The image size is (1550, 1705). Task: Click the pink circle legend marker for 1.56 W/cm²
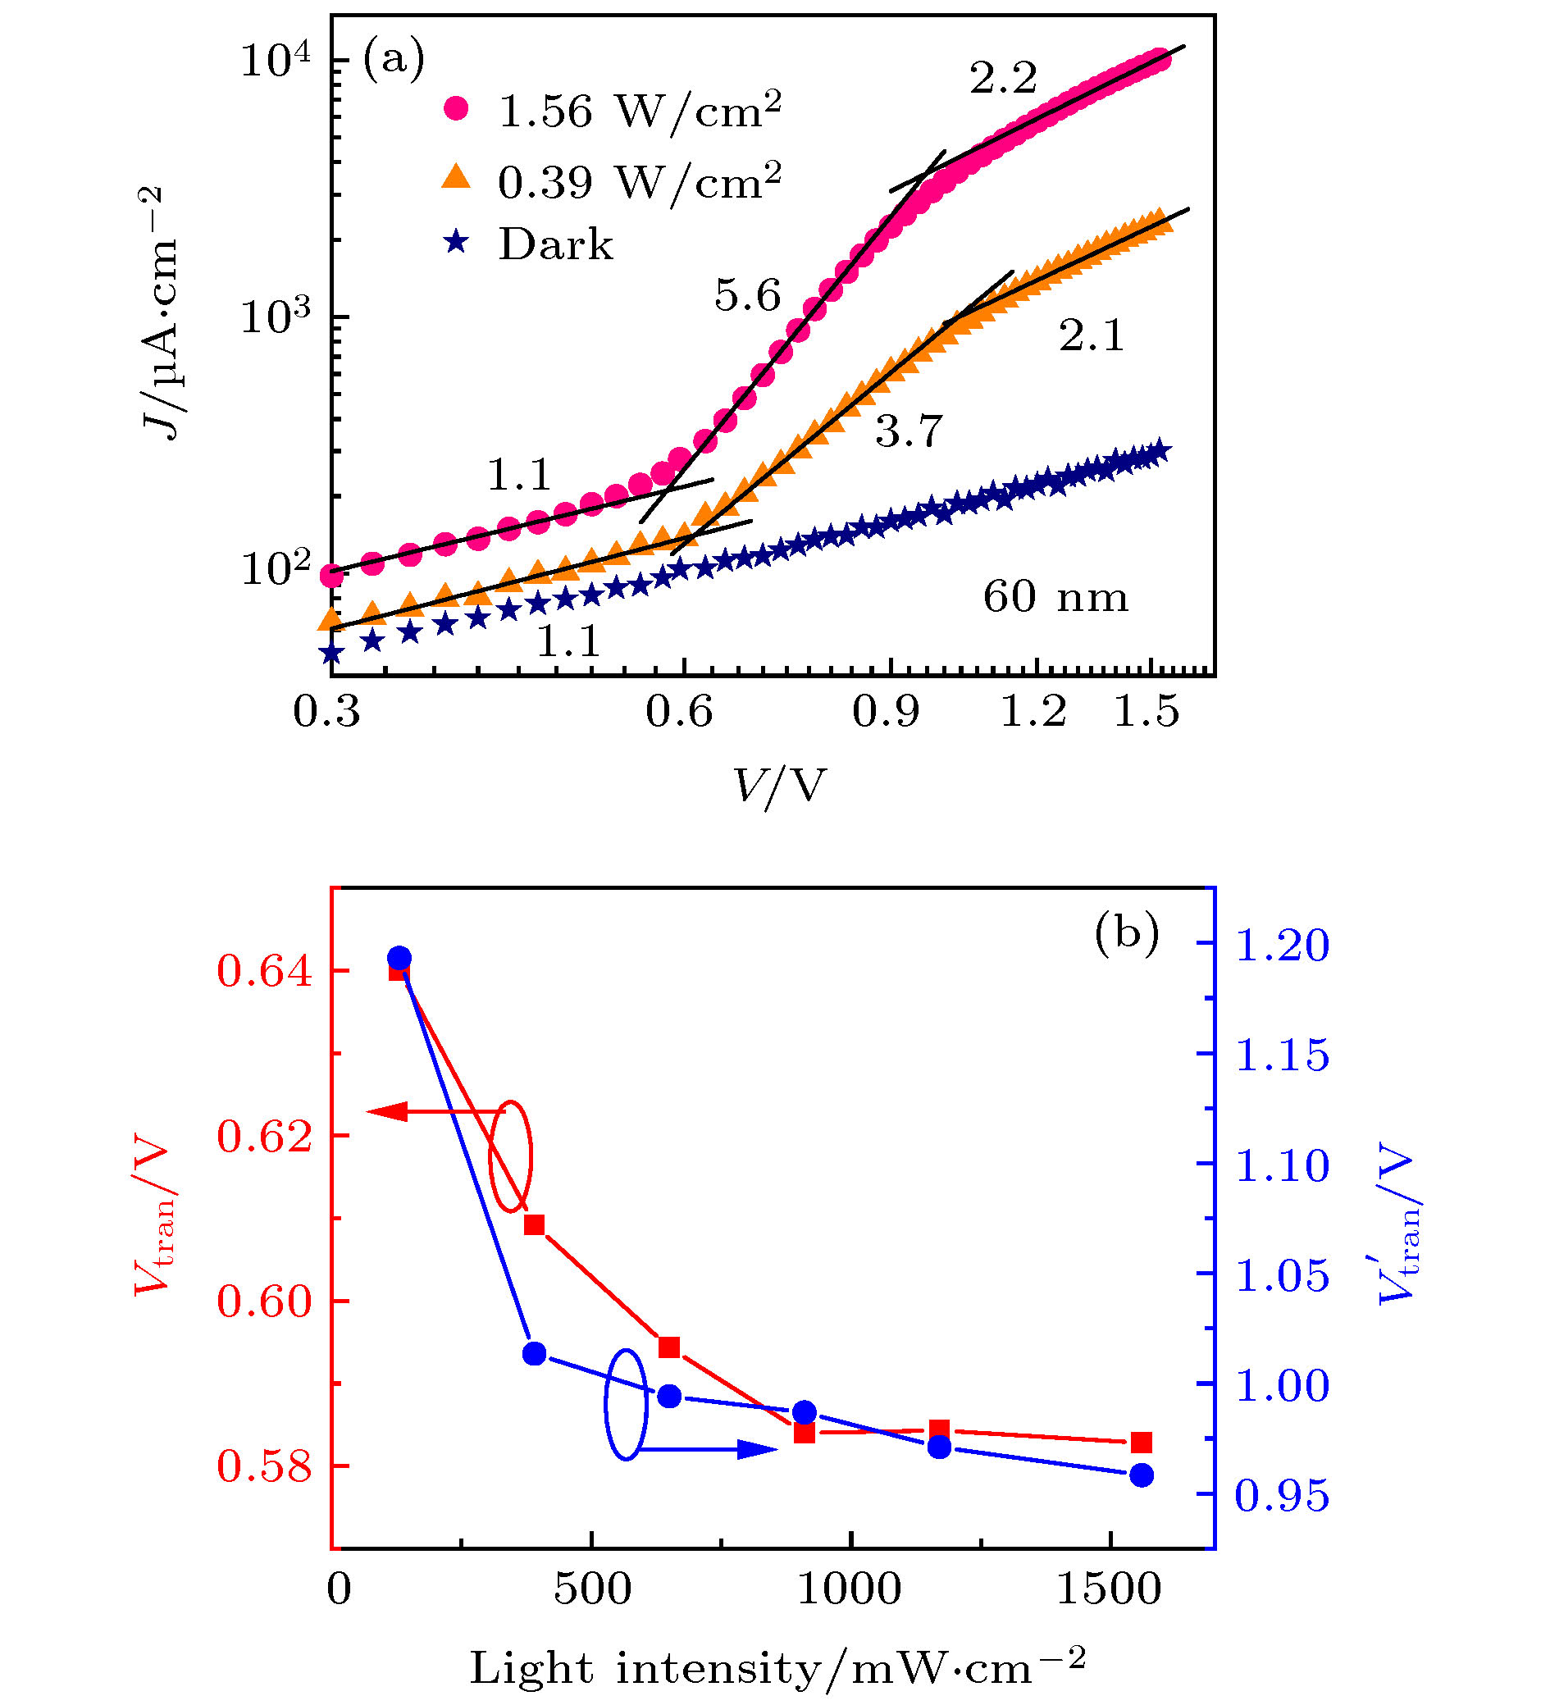pyautogui.click(x=457, y=108)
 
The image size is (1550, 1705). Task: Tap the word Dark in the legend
pyautogui.click(x=555, y=244)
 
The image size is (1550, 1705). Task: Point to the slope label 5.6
pyautogui.click(x=747, y=296)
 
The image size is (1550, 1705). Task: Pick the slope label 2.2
pyautogui.click(x=1003, y=79)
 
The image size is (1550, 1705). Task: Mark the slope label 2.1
pyautogui.click(x=1092, y=335)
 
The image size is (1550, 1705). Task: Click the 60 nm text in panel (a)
pyautogui.click(x=1055, y=597)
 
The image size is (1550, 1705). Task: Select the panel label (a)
pyautogui.click(x=393, y=60)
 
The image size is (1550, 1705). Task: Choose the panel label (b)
pyautogui.click(x=1126, y=932)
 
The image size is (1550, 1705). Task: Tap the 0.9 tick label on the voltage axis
pyautogui.click(x=886, y=712)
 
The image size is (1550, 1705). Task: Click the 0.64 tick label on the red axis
pyautogui.click(x=265, y=971)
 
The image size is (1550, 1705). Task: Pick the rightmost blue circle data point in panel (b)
pyautogui.click(x=1142, y=1475)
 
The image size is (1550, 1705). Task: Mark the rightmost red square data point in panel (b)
pyautogui.click(x=1142, y=1442)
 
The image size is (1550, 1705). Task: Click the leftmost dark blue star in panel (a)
pyautogui.click(x=331, y=654)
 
